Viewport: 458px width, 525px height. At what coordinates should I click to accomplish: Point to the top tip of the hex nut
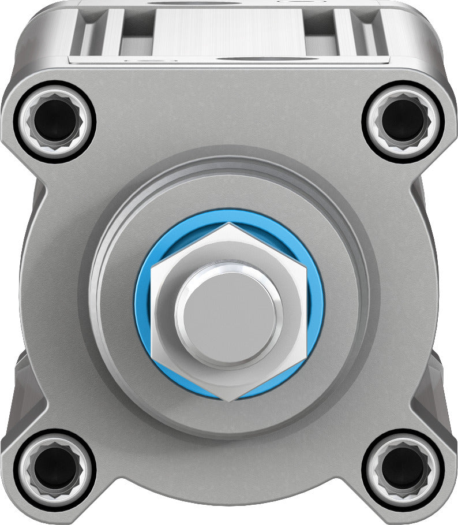[230, 226]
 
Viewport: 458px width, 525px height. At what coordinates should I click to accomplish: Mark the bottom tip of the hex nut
[230, 397]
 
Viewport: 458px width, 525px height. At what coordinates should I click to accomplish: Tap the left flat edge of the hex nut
[154, 312]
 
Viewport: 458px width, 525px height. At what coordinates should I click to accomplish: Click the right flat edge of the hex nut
[305, 312]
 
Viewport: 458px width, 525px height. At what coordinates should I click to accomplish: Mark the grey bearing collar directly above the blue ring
[229, 188]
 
